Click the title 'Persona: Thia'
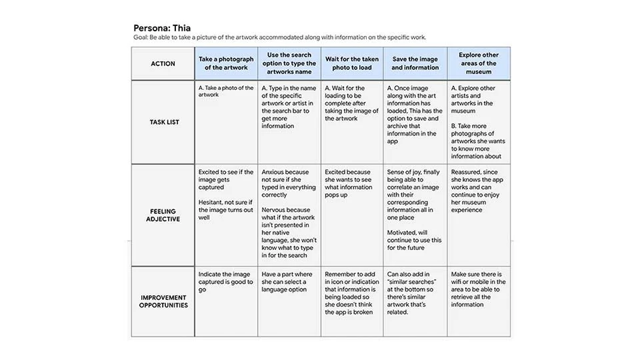162,28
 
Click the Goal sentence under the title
279,38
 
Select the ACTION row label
163,64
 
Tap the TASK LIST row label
163,122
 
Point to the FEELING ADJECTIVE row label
163,214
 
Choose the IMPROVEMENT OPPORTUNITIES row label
163,301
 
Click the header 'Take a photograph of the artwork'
226,63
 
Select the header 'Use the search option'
289,63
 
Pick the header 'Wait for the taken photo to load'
351,63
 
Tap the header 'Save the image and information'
415,63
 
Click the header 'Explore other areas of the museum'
478,63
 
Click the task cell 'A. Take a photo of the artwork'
226,91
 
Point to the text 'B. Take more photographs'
477,141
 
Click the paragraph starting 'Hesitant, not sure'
225,206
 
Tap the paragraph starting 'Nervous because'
288,233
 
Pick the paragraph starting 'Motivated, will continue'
414,240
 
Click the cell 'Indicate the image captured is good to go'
225,281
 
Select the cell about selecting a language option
287,281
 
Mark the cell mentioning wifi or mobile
477,289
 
